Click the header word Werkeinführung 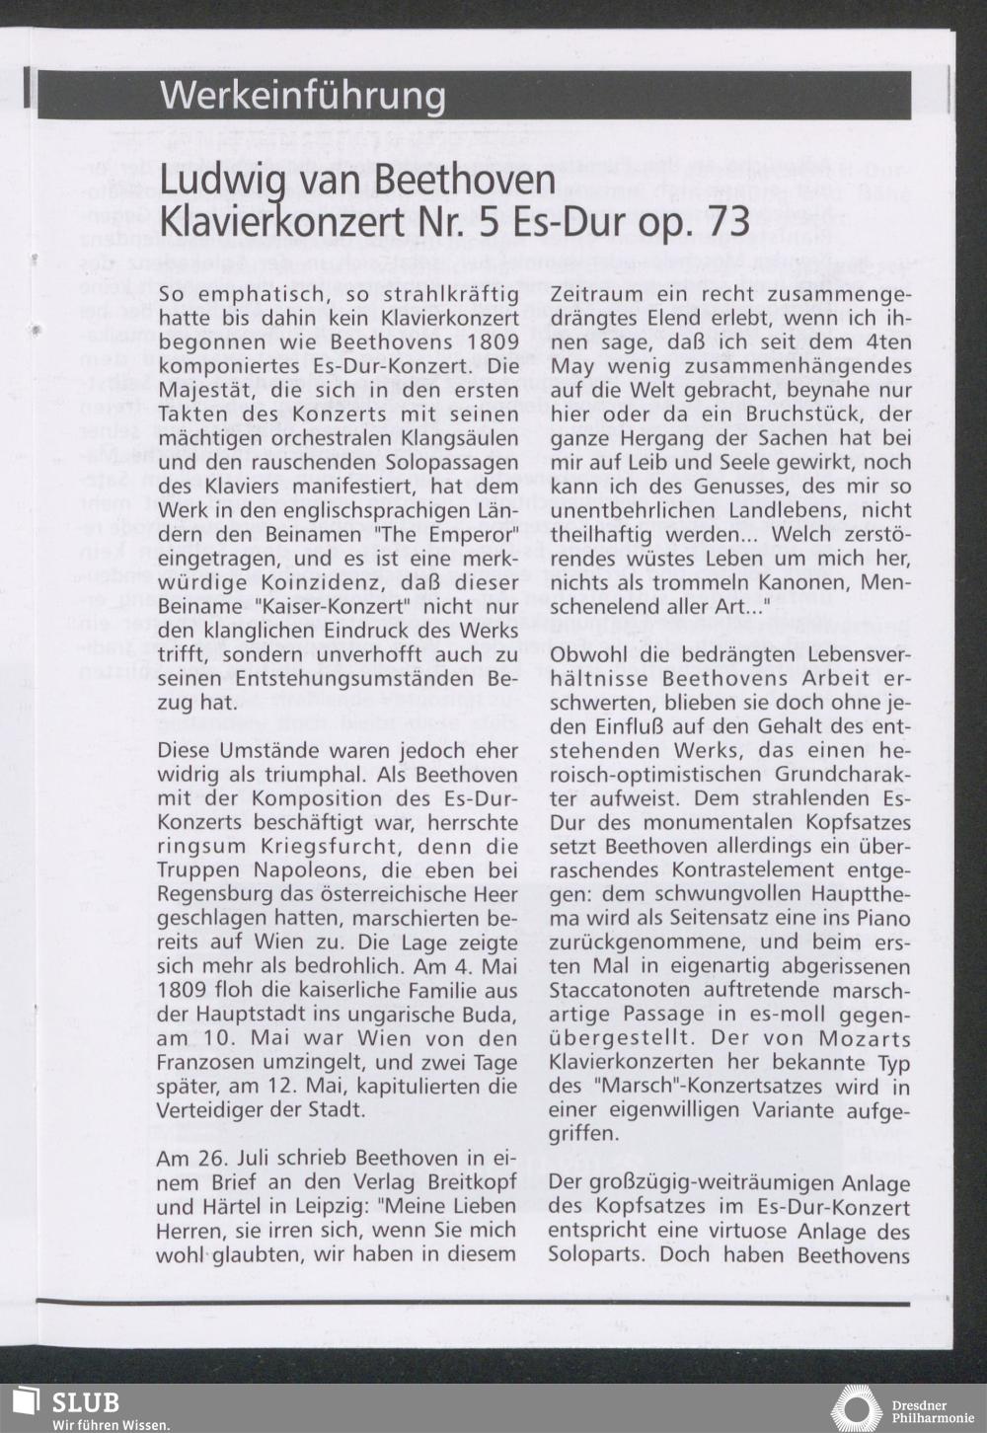click(x=302, y=97)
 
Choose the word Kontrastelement click(x=753, y=869)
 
